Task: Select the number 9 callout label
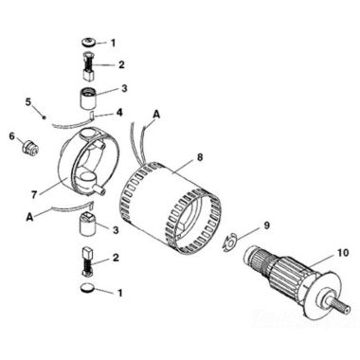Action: click(x=266, y=225)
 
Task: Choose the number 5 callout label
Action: click(x=28, y=100)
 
